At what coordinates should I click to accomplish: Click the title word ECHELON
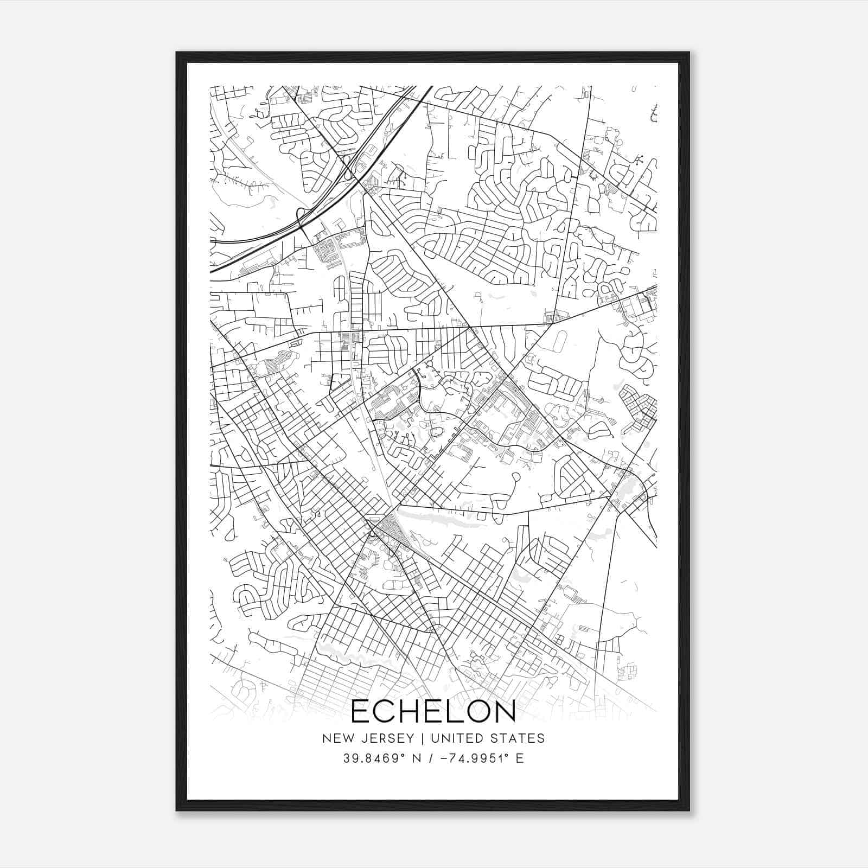(x=433, y=711)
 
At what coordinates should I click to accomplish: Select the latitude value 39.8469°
(x=374, y=758)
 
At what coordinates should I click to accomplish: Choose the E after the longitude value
(x=520, y=758)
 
